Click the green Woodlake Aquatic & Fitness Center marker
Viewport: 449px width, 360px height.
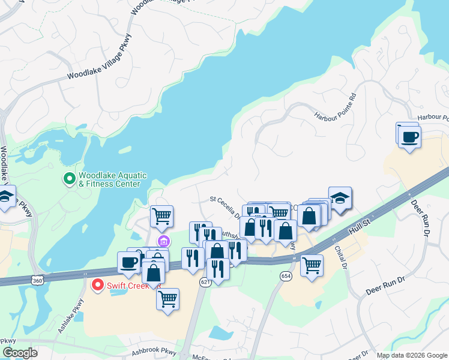point(69,178)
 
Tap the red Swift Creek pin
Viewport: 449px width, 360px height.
point(96,286)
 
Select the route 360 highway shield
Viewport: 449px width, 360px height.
point(37,280)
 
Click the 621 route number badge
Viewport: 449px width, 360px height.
point(205,281)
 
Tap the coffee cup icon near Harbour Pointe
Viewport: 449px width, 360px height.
point(409,137)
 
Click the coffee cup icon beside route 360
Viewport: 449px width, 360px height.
point(129,262)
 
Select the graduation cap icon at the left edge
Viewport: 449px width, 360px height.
point(6,197)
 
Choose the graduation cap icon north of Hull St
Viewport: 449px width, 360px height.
point(340,199)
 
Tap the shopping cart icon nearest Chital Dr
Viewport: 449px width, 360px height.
point(312,265)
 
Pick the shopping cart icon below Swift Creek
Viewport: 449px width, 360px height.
point(167,298)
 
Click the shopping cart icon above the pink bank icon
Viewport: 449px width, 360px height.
point(161,215)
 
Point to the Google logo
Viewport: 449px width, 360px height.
point(20,353)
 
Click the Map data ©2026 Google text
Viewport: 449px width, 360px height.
point(411,355)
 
